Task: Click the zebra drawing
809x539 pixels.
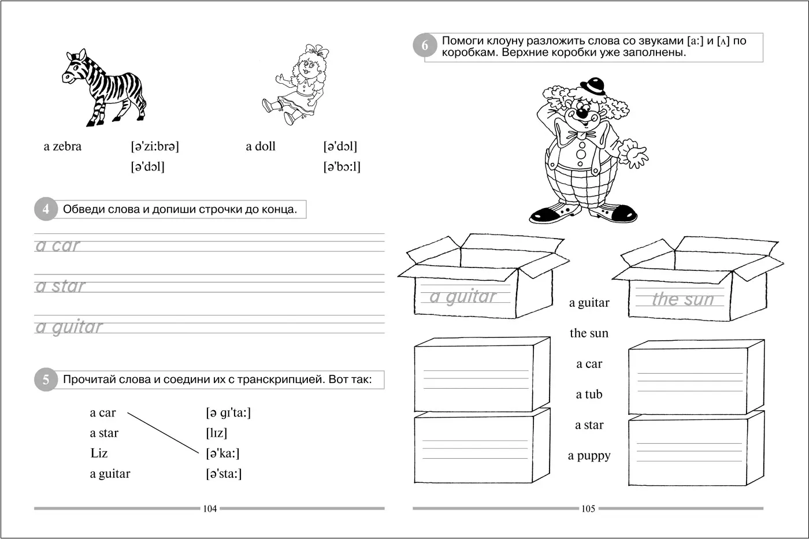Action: (x=104, y=88)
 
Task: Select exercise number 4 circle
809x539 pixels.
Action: (x=46, y=209)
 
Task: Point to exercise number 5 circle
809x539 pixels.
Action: (x=46, y=380)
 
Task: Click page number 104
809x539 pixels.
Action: (x=210, y=509)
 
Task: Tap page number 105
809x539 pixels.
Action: (x=588, y=509)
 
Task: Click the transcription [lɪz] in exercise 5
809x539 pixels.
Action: (x=216, y=433)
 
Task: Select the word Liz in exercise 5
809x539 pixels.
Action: (x=99, y=453)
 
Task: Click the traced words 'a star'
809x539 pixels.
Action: (x=60, y=286)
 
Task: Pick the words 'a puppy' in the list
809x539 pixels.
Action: (x=589, y=456)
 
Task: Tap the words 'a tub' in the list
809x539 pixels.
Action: (x=589, y=395)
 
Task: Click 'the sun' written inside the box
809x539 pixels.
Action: (x=682, y=299)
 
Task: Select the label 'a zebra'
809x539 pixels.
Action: (x=62, y=147)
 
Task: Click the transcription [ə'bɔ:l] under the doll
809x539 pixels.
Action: (x=342, y=167)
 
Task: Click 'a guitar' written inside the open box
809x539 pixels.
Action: (x=462, y=296)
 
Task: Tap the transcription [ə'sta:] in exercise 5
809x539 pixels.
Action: (x=224, y=474)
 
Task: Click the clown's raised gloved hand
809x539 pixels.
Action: (x=634, y=156)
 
